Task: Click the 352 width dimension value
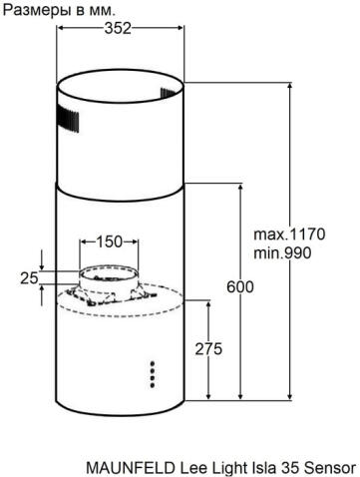point(119,29)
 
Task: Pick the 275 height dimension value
point(207,349)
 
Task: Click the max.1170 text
point(288,235)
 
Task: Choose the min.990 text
point(282,253)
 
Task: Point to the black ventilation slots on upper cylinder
point(68,118)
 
